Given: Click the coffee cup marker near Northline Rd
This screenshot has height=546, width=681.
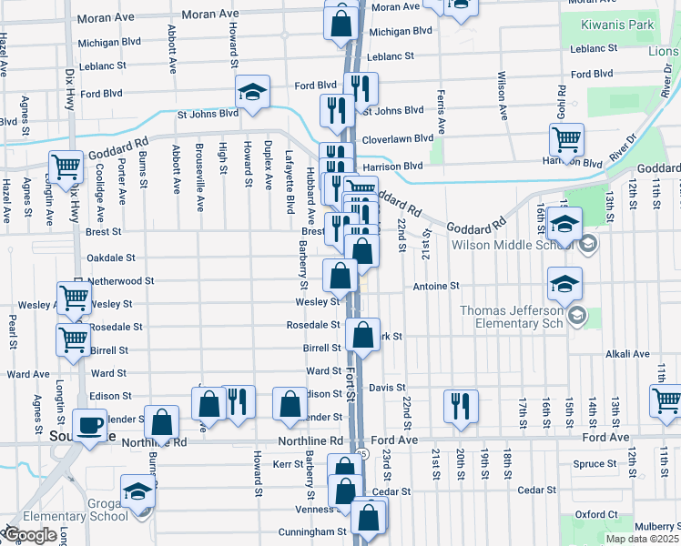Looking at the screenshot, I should tap(89, 425).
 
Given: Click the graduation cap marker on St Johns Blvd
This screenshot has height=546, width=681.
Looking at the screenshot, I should tap(252, 91).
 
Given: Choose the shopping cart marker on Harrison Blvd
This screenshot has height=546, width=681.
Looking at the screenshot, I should tap(566, 141).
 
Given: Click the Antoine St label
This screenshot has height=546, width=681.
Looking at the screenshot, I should tap(436, 286).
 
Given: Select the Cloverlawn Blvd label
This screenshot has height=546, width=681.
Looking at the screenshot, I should tap(399, 138).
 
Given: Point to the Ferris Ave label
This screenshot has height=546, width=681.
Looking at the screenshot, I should tap(441, 111).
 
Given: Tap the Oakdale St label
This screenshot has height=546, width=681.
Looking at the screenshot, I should tap(110, 258).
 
